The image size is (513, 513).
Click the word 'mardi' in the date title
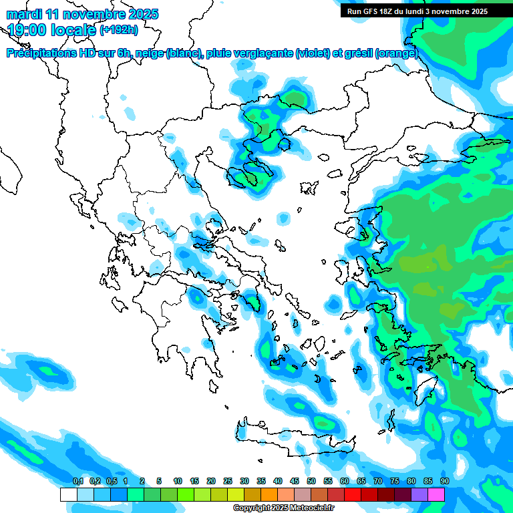25,14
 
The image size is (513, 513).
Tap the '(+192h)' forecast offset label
118,29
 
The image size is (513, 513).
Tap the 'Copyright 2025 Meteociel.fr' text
283,508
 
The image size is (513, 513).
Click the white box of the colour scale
68,495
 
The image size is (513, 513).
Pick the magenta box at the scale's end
436,495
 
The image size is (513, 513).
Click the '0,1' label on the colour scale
77,482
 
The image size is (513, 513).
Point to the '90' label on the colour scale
444,482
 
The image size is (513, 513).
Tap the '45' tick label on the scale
295,482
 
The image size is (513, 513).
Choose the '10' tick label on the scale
178,482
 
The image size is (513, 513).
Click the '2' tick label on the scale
142,482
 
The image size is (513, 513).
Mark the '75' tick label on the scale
395,482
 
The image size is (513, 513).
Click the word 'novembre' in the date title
96,14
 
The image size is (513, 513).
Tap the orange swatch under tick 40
269,495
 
